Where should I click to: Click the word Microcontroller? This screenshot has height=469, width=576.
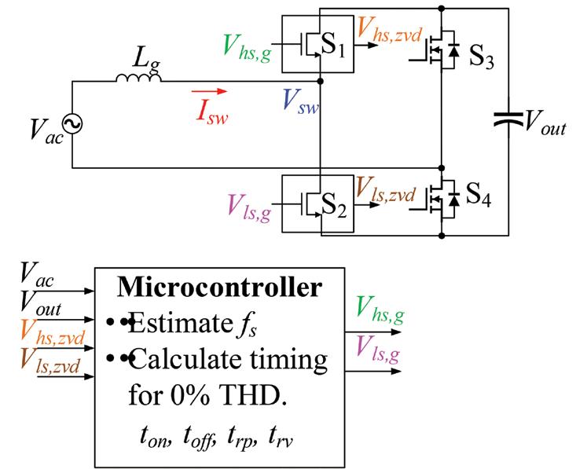[219, 287]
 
